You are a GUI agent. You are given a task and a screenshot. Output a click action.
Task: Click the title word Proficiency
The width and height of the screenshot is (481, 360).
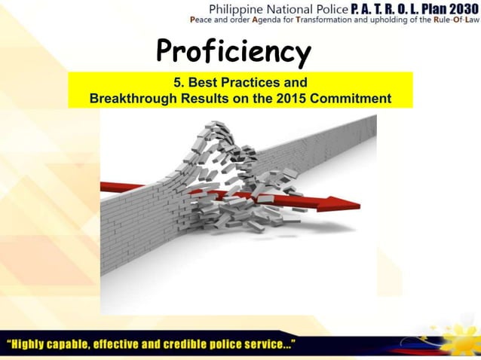pyautogui.click(x=233, y=52)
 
